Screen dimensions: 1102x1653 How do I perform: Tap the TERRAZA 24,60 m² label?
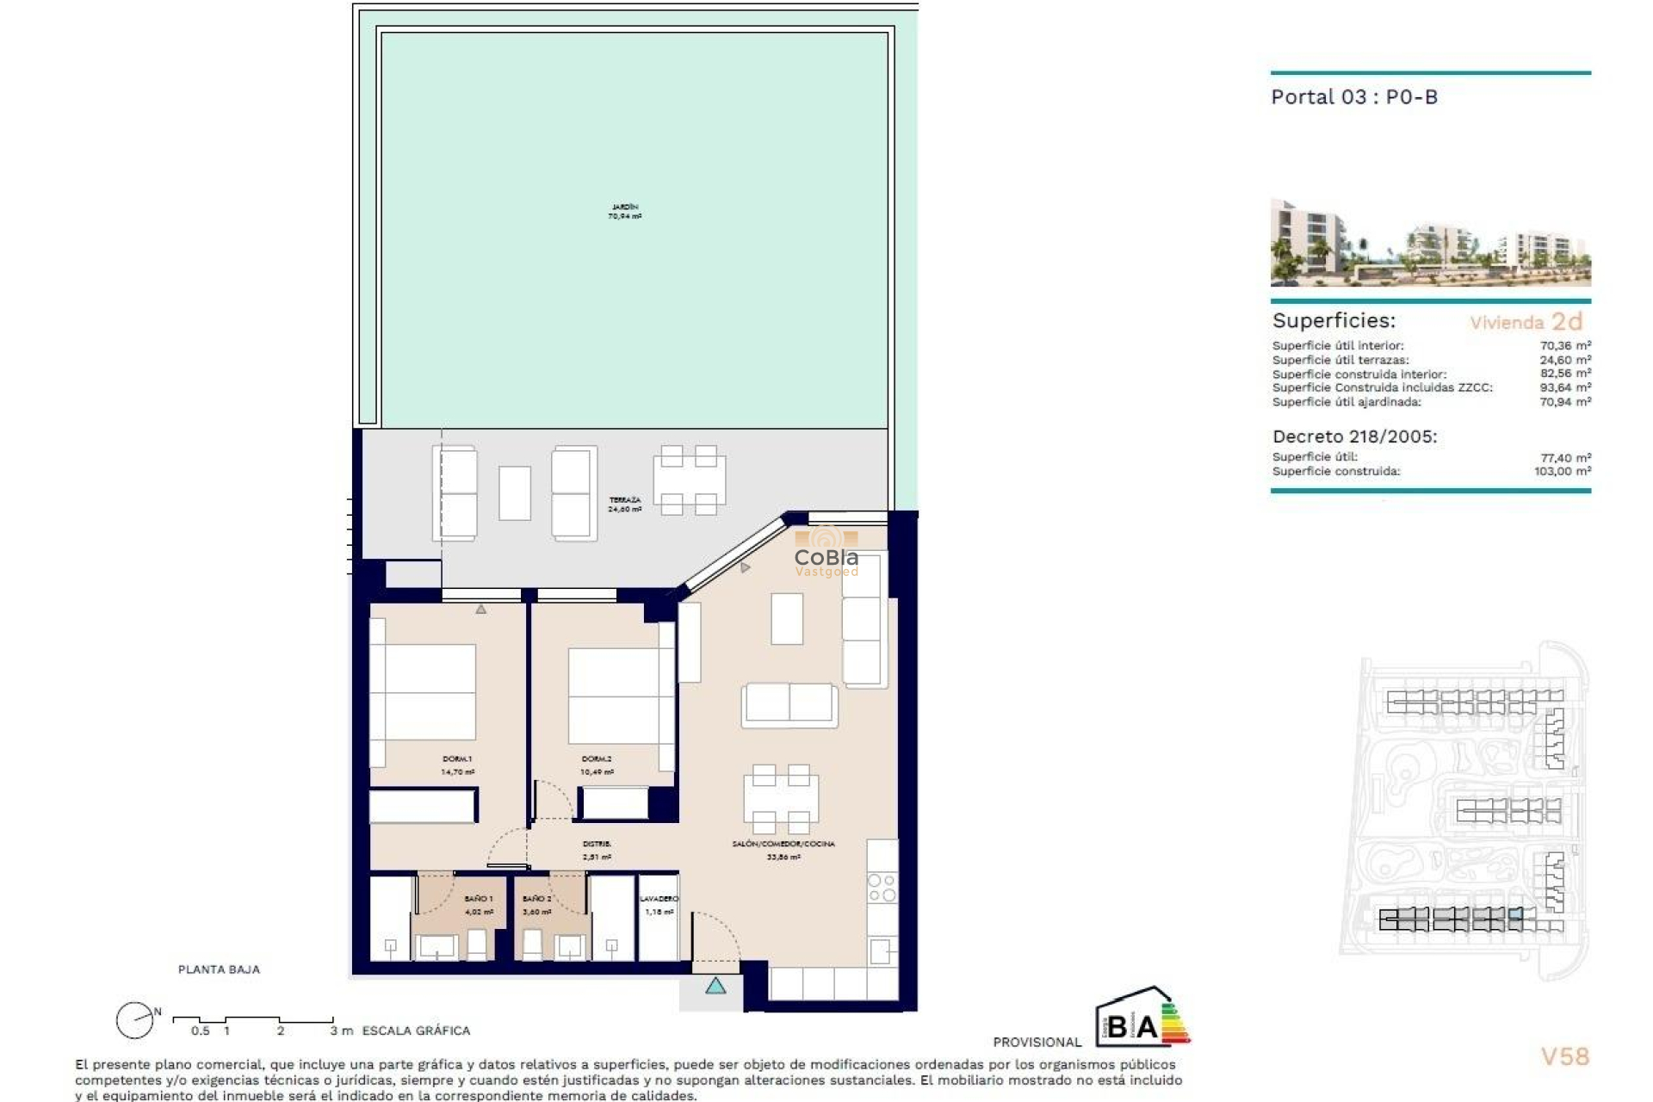[625, 505]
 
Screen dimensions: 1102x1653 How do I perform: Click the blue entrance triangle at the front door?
[715, 986]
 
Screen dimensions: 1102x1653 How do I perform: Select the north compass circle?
[134, 1021]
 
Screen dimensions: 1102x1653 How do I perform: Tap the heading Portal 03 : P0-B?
[1354, 97]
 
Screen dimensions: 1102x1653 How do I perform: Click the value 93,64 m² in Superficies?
[1564, 387]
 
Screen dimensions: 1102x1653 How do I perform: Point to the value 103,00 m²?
[1562, 471]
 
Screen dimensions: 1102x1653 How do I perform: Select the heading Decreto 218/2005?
[1354, 436]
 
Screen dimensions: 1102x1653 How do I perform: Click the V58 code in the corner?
[1564, 1056]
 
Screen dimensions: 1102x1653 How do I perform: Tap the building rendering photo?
[1430, 243]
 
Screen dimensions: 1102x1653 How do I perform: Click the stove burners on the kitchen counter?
[882, 888]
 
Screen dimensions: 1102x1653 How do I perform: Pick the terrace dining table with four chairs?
[689, 480]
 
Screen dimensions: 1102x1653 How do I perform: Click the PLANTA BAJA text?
[219, 969]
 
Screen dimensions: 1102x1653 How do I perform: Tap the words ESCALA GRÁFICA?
[416, 1031]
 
